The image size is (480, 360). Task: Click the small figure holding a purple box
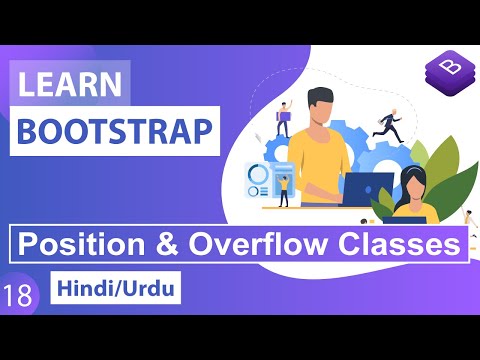coord(285,119)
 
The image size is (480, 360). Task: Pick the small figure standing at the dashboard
coord(284,190)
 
